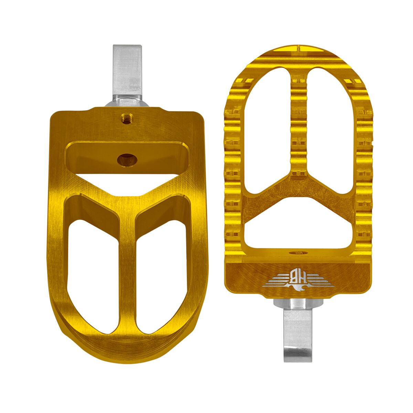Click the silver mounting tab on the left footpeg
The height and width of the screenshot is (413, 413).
(127, 69)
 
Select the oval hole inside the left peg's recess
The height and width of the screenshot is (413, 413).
(127, 159)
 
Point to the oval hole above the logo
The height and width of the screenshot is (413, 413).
(298, 253)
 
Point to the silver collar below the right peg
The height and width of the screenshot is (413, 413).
(298, 304)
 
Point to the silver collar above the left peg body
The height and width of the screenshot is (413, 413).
(127, 102)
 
